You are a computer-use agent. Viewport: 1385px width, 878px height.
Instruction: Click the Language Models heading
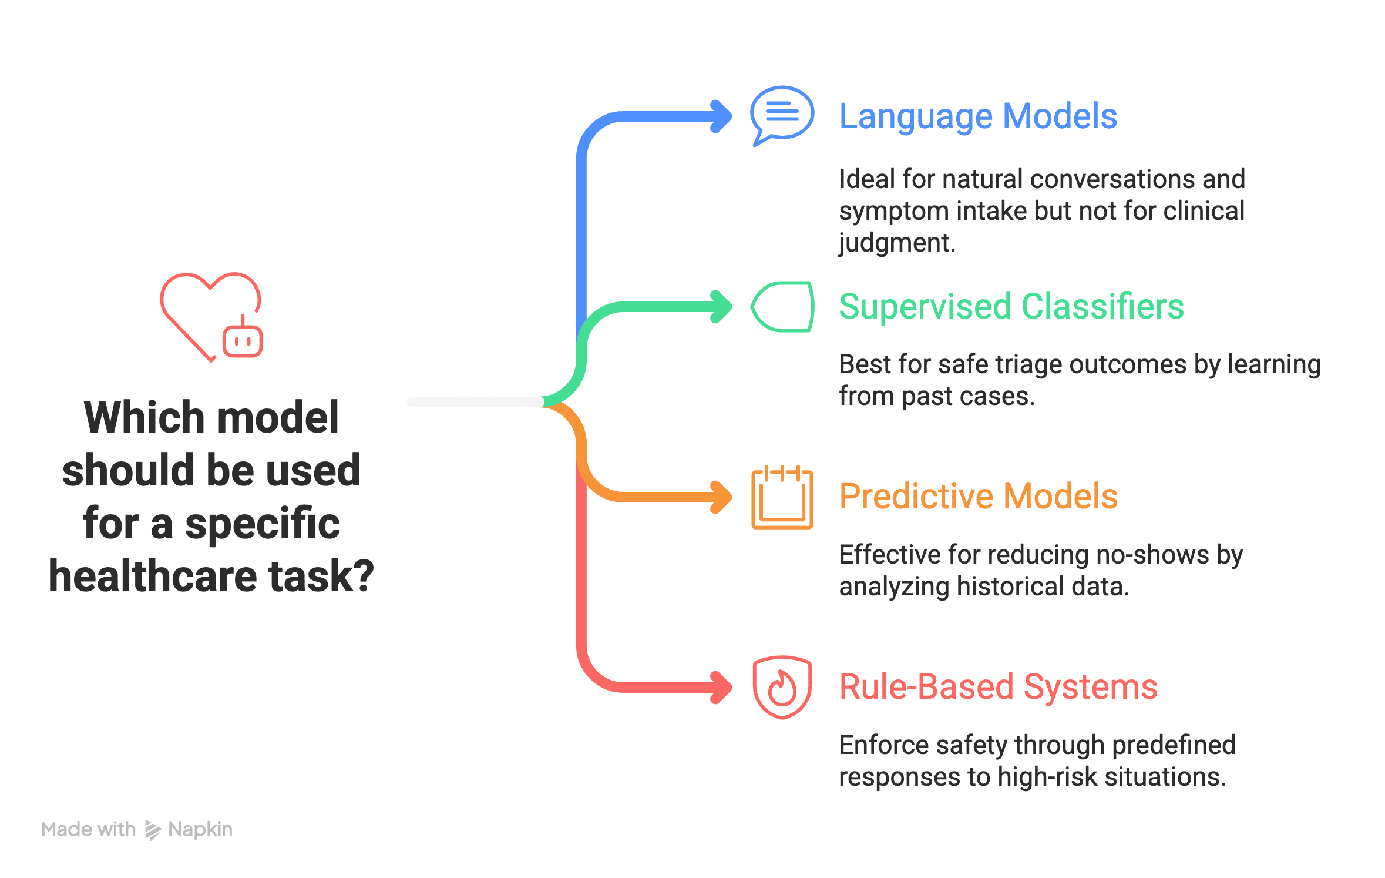click(977, 116)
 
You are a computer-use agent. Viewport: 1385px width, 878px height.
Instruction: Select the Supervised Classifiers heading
click(1011, 307)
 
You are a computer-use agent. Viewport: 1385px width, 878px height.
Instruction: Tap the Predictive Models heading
click(978, 497)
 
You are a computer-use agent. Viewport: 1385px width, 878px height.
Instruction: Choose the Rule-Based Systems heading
click(998, 687)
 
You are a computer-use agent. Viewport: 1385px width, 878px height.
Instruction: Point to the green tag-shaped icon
click(782, 307)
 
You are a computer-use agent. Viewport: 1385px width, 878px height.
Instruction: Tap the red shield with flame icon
click(782, 687)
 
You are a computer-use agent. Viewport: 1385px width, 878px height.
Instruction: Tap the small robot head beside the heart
click(242, 340)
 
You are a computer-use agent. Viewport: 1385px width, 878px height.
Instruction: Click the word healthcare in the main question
click(153, 577)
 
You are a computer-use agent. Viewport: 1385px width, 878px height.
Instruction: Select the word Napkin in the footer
click(200, 829)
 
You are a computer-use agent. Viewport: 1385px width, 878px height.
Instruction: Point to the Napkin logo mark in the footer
click(152, 830)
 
